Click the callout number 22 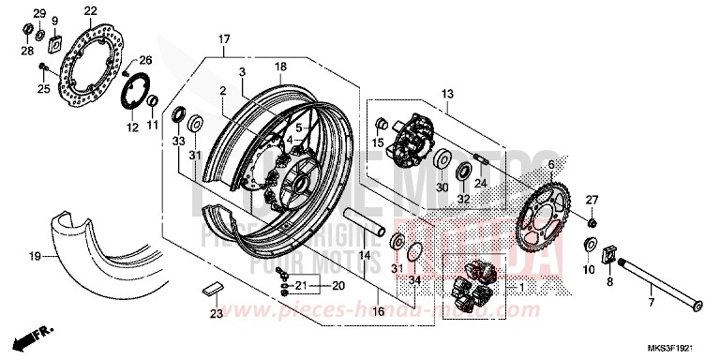pos(90,11)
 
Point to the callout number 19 pos(33,255)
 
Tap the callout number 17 pos(224,39)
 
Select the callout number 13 pos(447,95)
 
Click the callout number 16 pos(377,311)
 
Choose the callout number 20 pos(337,285)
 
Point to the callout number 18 pos(279,67)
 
